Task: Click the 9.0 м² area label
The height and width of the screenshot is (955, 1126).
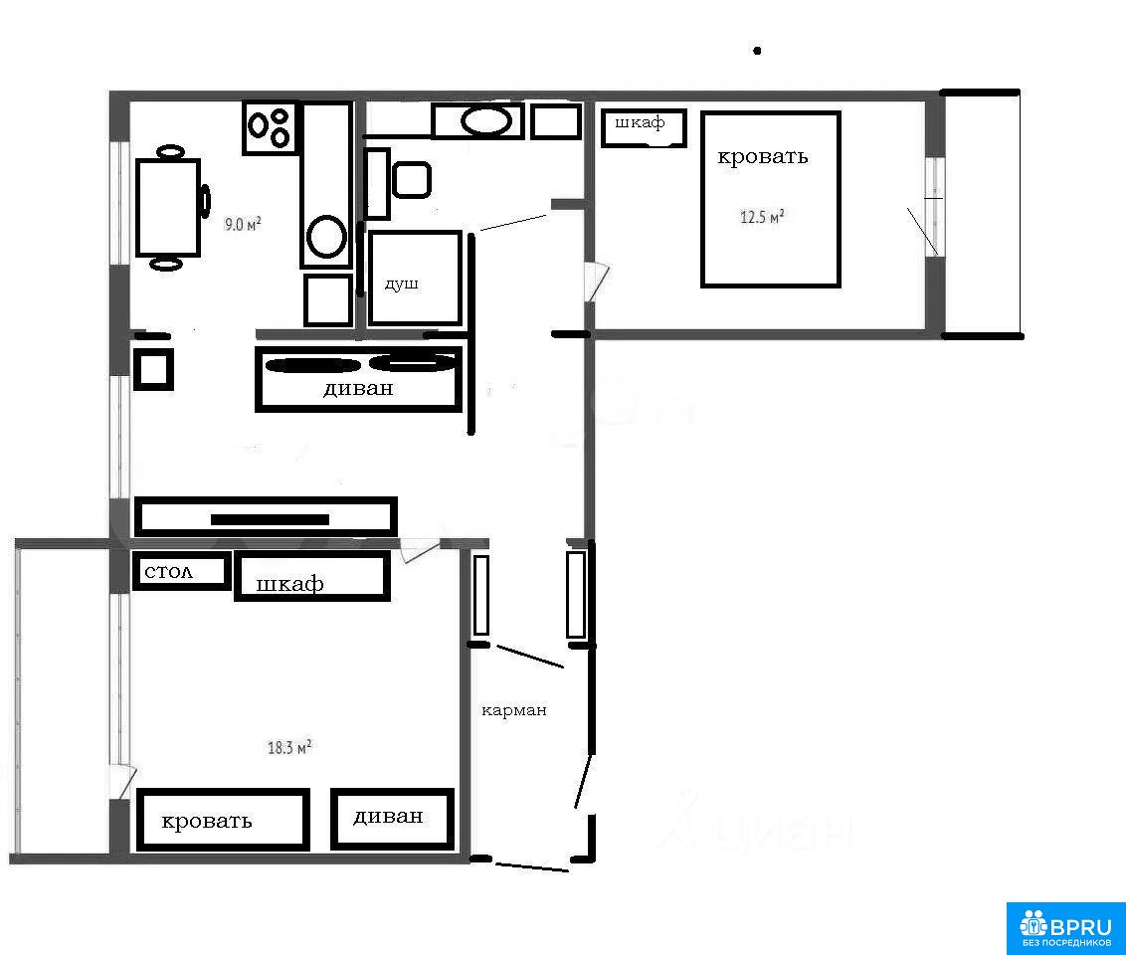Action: coord(243,224)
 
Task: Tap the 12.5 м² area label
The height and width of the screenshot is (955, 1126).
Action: coord(762,216)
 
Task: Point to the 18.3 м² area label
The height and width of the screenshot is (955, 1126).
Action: coord(289,747)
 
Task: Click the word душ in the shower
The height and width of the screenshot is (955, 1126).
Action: coord(402,284)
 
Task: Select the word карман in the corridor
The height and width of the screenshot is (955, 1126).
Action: coord(514,710)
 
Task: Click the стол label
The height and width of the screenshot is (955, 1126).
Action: coord(169,572)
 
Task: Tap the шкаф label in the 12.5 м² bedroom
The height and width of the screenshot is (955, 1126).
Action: coord(640,122)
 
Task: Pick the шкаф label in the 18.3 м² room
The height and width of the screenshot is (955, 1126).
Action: coord(290,583)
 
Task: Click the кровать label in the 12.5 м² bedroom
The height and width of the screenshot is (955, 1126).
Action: coord(763,156)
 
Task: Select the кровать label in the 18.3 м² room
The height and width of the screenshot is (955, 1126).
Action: coord(207,821)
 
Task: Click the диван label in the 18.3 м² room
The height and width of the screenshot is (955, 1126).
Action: coord(388,817)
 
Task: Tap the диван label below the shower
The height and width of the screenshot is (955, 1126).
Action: coord(358,388)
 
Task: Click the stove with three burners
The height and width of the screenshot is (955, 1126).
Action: coord(270,127)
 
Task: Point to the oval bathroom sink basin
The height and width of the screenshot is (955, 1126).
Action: coord(486,120)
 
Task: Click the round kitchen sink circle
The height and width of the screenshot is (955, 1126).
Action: coord(326,236)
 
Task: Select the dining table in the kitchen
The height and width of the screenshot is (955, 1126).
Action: coord(167,208)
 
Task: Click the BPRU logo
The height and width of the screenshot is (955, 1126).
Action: coord(1066,928)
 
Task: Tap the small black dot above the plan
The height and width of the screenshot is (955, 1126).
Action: coord(757,51)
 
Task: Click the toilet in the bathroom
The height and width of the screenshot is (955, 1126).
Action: coord(412,179)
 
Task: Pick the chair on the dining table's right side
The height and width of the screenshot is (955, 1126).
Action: coord(205,200)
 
